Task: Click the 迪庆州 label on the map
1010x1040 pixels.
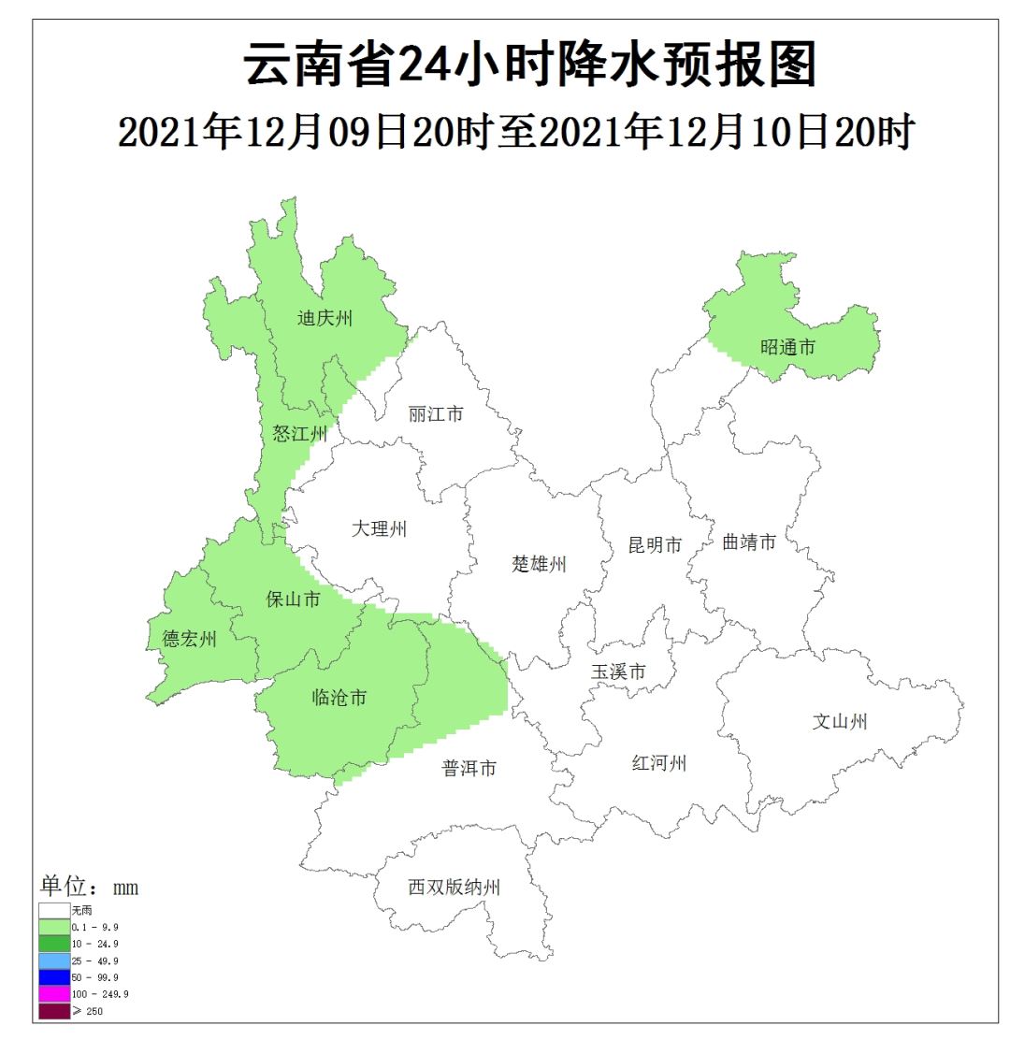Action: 325,319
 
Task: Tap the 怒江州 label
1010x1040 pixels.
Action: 300,433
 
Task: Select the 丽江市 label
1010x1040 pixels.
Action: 436,413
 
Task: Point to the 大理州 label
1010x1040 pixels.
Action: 380,529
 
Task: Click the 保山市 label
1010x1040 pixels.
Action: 294,599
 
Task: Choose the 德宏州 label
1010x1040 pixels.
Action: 190,640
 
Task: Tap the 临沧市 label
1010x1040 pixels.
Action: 339,698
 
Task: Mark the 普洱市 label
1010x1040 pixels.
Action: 469,769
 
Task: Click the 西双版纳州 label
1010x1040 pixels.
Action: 454,888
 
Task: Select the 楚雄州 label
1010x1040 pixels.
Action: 540,564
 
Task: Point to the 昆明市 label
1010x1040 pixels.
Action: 655,545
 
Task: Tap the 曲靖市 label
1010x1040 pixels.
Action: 749,542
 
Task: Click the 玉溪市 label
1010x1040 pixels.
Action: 618,672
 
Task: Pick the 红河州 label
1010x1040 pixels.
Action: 659,764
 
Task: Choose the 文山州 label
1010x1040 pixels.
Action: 840,721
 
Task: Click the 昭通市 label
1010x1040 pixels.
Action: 787,348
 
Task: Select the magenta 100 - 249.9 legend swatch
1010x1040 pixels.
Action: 54,994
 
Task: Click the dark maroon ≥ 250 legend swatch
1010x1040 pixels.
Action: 54,1011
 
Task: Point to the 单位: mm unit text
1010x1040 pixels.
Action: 89,887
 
